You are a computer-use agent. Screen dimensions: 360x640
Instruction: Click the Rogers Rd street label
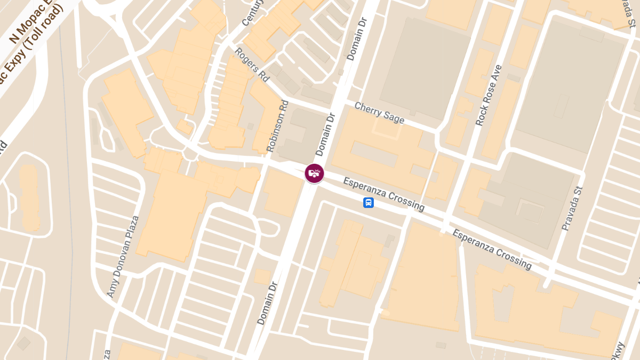252,65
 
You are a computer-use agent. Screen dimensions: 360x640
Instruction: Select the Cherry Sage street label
379,113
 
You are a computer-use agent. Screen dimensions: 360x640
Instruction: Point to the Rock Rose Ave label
489,95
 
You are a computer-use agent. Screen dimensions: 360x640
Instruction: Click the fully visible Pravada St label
572,209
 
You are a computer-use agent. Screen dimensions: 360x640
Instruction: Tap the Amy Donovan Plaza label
123,256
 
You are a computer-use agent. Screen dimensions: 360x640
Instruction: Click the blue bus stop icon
368,203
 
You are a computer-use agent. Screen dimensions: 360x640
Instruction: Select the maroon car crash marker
314,173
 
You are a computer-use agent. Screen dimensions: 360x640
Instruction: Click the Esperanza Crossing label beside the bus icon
384,194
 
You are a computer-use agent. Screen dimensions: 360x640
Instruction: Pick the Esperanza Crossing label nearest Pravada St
492,249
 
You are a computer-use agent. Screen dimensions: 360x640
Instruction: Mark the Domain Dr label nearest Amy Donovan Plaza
268,302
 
